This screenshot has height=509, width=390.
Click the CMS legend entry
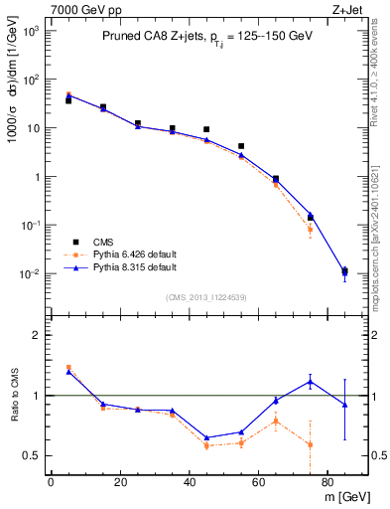click(102, 242)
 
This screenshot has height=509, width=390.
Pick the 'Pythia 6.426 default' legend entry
click(130, 254)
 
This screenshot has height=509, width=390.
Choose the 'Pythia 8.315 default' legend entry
click(130, 267)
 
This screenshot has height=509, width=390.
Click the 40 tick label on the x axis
click(189, 483)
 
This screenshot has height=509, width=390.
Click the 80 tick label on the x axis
click(327, 483)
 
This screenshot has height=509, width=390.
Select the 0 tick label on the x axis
click(51, 483)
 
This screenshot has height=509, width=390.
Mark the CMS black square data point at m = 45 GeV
click(206, 129)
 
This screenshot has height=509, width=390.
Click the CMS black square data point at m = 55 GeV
click(241, 146)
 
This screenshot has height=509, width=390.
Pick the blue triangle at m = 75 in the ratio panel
click(310, 381)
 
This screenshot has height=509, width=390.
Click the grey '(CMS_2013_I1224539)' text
click(206, 296)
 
